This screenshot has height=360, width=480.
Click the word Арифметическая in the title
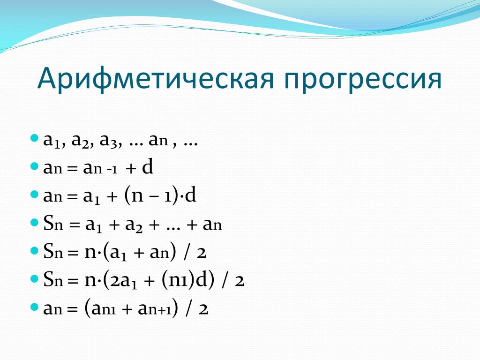tap(155, 78)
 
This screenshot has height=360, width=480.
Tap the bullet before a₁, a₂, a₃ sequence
tap(35, 138)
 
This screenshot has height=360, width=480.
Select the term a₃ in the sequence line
tap(108, 141)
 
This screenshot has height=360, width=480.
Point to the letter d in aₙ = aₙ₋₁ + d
tap(148, 167)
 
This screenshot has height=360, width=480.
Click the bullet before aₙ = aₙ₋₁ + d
tap(35, 166)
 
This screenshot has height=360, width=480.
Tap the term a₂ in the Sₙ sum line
tap(134, 225)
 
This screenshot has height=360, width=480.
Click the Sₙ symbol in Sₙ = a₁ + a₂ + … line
tap(53, 224)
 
